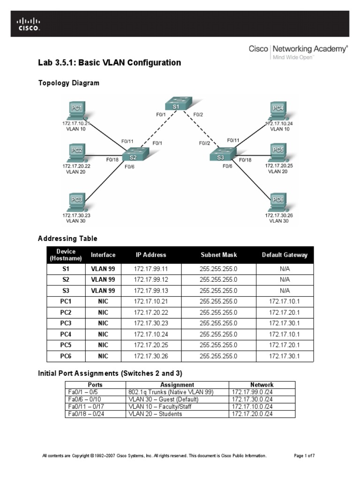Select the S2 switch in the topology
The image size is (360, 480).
(x=134, y=156)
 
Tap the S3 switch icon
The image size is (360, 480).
(x=222, y=157)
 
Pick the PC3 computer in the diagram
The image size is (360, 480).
(x=76, y=202)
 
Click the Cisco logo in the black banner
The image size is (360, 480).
(x=29, y=23)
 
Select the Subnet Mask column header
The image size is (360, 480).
(x=218, y=255)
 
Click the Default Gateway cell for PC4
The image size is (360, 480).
(x=284, y=334)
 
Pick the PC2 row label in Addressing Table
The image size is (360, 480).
(x=65, y=313)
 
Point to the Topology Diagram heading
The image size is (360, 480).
(x=68, y=83)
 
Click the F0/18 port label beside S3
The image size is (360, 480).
(x=245, y=160)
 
